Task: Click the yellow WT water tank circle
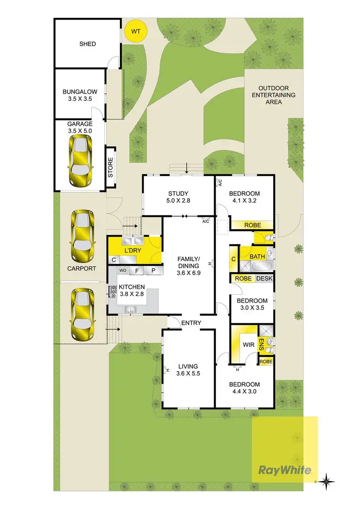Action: pyautogui.click(x=136, y=32)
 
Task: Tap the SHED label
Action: pyautogui.click(x=87, y=44)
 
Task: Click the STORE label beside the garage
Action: pyautogui.click(x=110, y=168)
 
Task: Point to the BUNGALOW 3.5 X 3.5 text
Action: pyautogui.click(x=80, y=95)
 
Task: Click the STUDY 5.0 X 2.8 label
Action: pyautogui.click(x=178, y=198)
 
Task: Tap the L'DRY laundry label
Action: pyautogui.click(x=132, y=251)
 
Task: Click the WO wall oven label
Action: pyautogui.click(x=122, y=271)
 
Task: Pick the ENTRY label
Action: pyautogui.click(x=191, y=323)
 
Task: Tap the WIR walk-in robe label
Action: pyautogui.click(x=248, y=344)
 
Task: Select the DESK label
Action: pyautogui.click(x=264, y=279)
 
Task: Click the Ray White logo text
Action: pyautogui.click(x=285, y=470)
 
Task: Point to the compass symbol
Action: pyautogui.click(x=326, y=481)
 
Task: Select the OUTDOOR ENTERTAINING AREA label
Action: pyautogui.click(x=277, y=95)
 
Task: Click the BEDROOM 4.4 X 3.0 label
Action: pyautogui.click(x=244, y=388)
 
